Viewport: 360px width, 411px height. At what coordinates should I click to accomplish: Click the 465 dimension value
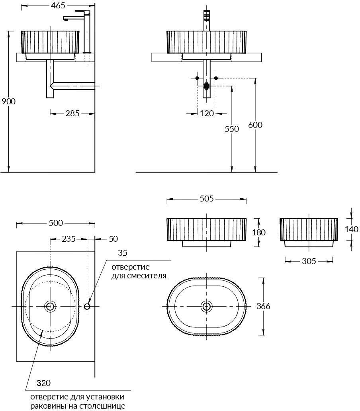[58, 6]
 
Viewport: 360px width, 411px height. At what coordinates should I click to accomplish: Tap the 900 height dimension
[9, 101]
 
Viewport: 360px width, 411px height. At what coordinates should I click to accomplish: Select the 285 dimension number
[72, 113]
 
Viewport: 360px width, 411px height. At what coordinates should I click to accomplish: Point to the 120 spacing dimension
[207, 113]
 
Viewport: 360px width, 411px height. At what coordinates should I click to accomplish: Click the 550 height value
[232, 129]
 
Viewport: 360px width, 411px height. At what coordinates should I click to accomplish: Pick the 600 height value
[255, 125]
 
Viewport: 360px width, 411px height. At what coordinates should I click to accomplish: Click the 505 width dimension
[207, 199]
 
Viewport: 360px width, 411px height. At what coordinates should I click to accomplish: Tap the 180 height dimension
[258, 232]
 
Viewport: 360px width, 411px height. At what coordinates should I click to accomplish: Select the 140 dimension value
[351, 229]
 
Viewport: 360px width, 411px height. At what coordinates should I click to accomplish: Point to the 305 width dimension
[309, 261]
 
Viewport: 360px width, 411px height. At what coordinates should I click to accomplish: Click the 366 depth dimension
[263, 306]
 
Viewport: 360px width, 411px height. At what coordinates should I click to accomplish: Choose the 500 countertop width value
[56, 223]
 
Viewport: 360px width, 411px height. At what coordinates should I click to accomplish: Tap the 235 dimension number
[68, 239]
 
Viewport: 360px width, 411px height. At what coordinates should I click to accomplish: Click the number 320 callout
[43, 383]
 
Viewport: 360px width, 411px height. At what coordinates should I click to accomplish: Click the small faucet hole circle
[87, 306]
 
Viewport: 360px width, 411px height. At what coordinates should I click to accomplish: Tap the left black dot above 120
[197, 78]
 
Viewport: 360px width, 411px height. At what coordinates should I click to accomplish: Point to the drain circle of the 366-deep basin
[206, 306]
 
